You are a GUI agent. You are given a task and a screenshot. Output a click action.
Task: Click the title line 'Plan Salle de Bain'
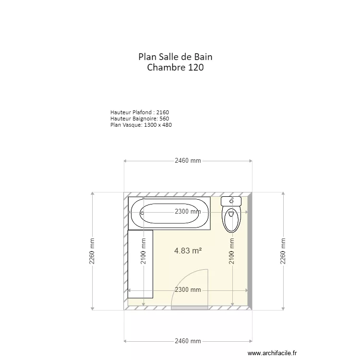[x=175, y=57]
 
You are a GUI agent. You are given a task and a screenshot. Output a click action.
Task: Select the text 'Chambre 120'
[x=175, y=68]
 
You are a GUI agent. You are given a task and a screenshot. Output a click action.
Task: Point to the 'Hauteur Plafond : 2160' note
[x=139, y=112]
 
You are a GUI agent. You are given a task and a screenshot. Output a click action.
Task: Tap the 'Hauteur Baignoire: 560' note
[x=139, y=119]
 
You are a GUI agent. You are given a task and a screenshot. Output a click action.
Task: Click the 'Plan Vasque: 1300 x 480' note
[x=141, y=125]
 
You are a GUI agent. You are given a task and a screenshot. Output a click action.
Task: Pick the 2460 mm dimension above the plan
[x=188, y=161]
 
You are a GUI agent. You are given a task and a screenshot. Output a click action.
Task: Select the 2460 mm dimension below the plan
[x=188, y=341]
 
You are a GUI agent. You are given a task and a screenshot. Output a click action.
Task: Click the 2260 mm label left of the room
[x=92, y=251]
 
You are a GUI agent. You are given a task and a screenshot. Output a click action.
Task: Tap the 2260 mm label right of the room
[x=283, y=251]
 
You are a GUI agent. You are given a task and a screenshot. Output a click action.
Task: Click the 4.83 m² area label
[x=188, y=251]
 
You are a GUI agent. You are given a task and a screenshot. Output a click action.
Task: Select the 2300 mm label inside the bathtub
[x=188, y=212]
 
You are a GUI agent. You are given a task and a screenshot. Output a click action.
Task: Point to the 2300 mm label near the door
[x=188, y=290]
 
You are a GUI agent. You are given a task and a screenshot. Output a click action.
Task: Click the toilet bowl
[x=231, y=218]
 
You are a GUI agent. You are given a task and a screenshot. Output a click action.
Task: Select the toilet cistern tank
[x=231, y=201]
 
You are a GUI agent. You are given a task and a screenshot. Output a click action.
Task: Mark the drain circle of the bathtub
[x=142, y=212]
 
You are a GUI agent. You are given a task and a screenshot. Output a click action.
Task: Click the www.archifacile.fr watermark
[x=272, y=352]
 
